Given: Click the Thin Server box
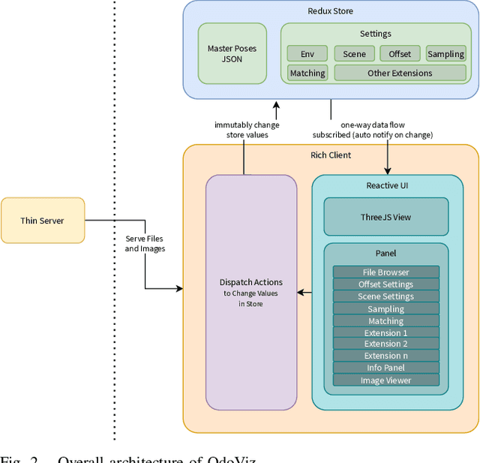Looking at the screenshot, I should tap(43, 221).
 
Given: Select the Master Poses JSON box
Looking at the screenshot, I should tap(232, 53).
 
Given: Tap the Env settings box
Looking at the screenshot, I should tap(307, 54).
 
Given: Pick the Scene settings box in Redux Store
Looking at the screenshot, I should tap(354, 54).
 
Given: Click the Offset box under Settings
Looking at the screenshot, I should tap(400, 54).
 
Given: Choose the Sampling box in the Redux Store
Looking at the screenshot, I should tap(445, 54).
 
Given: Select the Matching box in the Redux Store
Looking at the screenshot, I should tap(307, 73).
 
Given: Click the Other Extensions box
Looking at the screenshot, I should tap(400, 73).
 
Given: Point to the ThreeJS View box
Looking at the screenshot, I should tap(386, 217).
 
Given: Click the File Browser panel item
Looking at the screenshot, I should tap(386, 272).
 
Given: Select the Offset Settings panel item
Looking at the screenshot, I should tap(386, 284).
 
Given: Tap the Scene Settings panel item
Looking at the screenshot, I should tap(386, 296).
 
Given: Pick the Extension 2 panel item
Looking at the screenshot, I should tap(386, 344).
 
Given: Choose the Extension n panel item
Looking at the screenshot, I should tap(386, 356).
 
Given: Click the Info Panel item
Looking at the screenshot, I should tap(386, 368).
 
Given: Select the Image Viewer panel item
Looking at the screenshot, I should tap(386, 380).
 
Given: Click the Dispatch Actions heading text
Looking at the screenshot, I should tap(251, 281).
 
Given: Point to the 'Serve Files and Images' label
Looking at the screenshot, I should tap(145, 243).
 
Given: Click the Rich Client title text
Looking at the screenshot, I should tap(331, 155).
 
